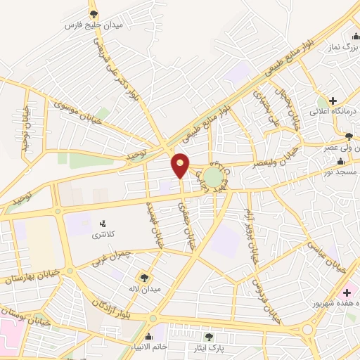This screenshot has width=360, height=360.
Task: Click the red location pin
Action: [x=181, y=165]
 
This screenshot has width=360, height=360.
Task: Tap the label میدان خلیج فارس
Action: [x=94, y=25]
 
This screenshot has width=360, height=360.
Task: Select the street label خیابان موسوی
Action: [x=73, y=106]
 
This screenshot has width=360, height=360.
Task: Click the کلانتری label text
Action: [x=105, y=235]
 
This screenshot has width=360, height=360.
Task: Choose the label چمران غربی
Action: [x=111, y=259]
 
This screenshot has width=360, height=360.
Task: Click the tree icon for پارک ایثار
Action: [x=208, y=336]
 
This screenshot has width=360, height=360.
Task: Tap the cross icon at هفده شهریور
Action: [x=346, y=291]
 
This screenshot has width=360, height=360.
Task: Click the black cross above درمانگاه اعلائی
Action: [x=333, y=101]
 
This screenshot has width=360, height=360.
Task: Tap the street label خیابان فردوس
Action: [x=266, y=300]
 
